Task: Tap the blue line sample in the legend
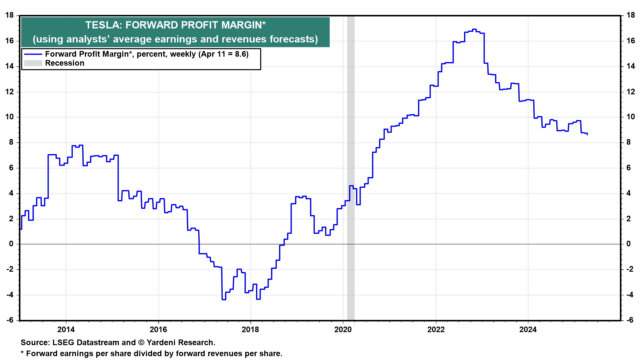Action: (x=33, y=54)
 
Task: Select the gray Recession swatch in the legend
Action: (x=33, y=63)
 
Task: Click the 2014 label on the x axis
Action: (x=66, y=330)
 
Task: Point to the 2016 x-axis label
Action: (x=158, y=330)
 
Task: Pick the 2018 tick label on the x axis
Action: (x=250, y=330)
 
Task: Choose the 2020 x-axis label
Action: (x=343, y=330)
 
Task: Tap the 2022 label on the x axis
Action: (x=436, y=330)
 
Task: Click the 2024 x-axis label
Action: (x=528, y=330)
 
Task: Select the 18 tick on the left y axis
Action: (x=10, y=15)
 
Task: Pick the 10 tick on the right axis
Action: (x=630, y=117)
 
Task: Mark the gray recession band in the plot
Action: (x=351, y=167)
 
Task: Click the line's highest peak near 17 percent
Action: (x=474, y=29)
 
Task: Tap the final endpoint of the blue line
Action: (x=587, y=134)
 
